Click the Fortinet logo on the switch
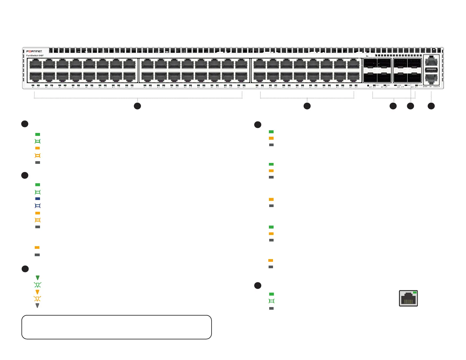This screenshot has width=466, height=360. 34,51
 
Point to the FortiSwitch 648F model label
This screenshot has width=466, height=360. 35,56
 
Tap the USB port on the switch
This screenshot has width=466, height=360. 431,70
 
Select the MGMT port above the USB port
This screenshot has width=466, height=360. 431,61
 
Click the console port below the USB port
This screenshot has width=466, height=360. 431,78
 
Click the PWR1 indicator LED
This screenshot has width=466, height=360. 374,85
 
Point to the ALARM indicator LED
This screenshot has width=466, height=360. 395,85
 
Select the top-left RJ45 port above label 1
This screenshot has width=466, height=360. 36,64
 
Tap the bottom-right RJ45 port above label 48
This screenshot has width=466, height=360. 353,77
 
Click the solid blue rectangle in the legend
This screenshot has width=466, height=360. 38,199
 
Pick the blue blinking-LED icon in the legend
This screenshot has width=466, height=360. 38,206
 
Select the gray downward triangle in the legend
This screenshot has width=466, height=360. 37,306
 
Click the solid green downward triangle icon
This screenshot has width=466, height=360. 38,278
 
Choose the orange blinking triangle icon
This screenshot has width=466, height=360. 37,299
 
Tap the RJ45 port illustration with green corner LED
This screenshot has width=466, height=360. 408,298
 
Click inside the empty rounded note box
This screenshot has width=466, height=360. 116,327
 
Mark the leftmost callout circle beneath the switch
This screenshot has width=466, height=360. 137,106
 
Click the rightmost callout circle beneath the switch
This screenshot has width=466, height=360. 431,106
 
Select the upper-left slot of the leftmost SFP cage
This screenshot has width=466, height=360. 370,64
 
